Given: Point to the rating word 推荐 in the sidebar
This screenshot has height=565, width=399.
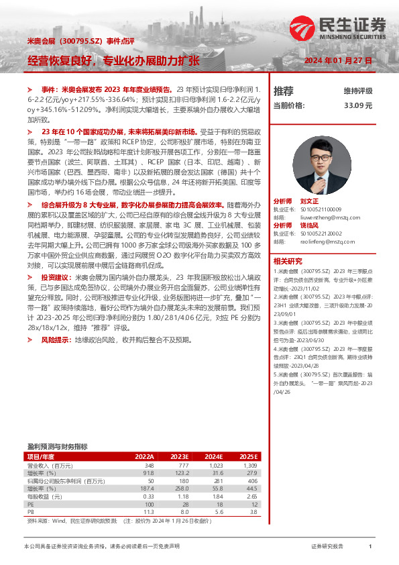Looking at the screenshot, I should tap(284, 91).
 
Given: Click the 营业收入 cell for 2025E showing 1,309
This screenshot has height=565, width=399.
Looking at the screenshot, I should tap(249, 465).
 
